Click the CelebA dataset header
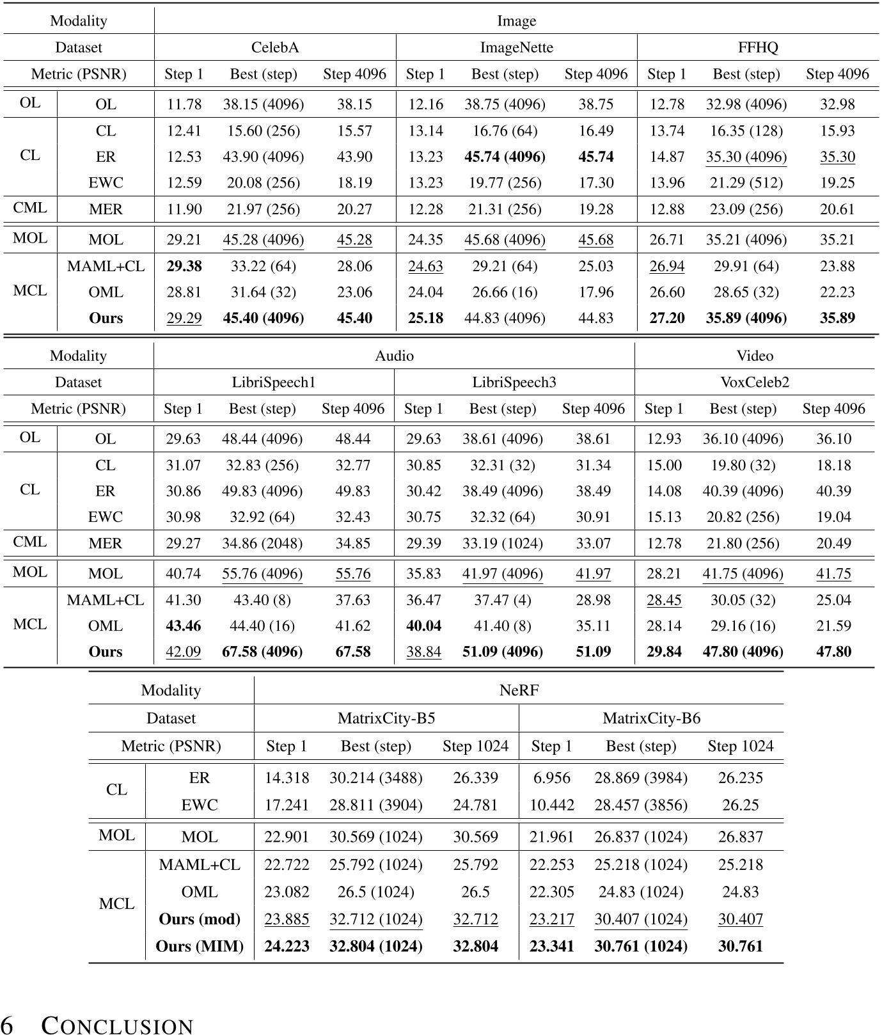(275, 47)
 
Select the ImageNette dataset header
(516, 47)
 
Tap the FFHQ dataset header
(758, 47)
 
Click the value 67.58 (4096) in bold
(262, 652)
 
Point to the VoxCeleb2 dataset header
(755, 383)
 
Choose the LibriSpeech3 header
(514, 383)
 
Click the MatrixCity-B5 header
(386, 718)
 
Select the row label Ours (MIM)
(200, 946)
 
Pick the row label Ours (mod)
(200, 919)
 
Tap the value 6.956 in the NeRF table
(551, 778)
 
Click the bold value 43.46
(183, 626)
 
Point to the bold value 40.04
(423, 626)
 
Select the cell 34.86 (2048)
(262, 544)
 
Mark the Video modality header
(755, 356)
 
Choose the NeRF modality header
(519, 691)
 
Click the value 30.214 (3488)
(375, 778)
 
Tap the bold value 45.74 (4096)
(505, 157)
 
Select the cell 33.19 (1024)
(503, 544)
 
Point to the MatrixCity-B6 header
(651, 718)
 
